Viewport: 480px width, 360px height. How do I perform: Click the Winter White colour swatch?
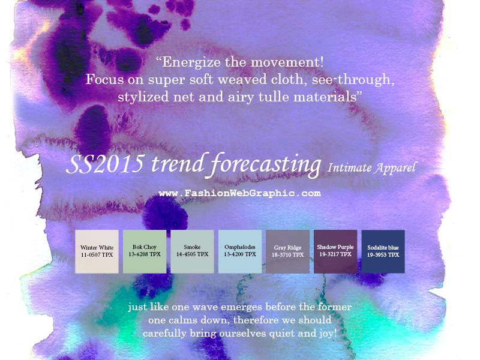point(97,251)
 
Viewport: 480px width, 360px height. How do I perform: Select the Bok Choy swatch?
point(145,251)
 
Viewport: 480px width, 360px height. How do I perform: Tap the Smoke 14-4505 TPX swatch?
point(192,251)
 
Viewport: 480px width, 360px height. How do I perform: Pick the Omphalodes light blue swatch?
point(240,251)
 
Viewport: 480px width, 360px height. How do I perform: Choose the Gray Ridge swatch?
point(288,251)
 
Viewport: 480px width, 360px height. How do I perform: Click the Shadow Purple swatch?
point(335,251)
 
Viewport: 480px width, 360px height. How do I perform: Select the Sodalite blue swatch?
point(383,251)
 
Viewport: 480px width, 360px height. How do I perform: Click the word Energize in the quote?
point(191,62)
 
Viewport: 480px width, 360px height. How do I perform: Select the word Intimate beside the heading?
point(349,168)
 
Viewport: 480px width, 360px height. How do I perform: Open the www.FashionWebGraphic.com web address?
point(239,193)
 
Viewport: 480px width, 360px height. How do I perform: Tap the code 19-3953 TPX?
point(383,254)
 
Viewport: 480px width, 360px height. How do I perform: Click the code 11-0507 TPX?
point(97,254)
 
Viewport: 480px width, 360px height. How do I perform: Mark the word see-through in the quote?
point(353,80)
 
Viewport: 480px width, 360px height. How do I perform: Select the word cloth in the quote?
point(287,79)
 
